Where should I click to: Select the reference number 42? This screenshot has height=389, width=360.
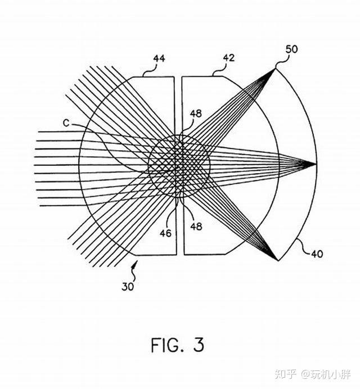pos(228,57)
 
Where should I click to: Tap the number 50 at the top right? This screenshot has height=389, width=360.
pos(291,49)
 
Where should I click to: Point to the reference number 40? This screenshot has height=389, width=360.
pos(316,254)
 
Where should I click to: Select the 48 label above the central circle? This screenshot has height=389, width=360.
pos(195,113)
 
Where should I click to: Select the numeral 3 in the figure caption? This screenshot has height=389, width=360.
pos(198,345)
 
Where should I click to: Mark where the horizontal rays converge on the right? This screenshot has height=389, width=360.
pos(315,164)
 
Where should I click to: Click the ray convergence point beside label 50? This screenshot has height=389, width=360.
pos(275,69)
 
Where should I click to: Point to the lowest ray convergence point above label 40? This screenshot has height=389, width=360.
pos(277,260)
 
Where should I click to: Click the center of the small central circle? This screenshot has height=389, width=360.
pos(179,165)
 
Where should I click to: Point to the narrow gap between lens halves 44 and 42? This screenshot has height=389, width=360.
pos(179,101)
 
